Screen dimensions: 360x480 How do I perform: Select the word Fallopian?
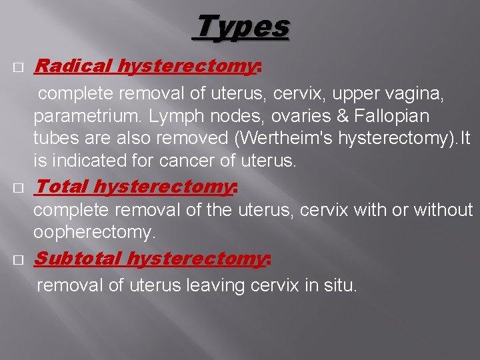[396, 117]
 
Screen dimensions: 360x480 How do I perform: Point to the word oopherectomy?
[94, 233]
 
